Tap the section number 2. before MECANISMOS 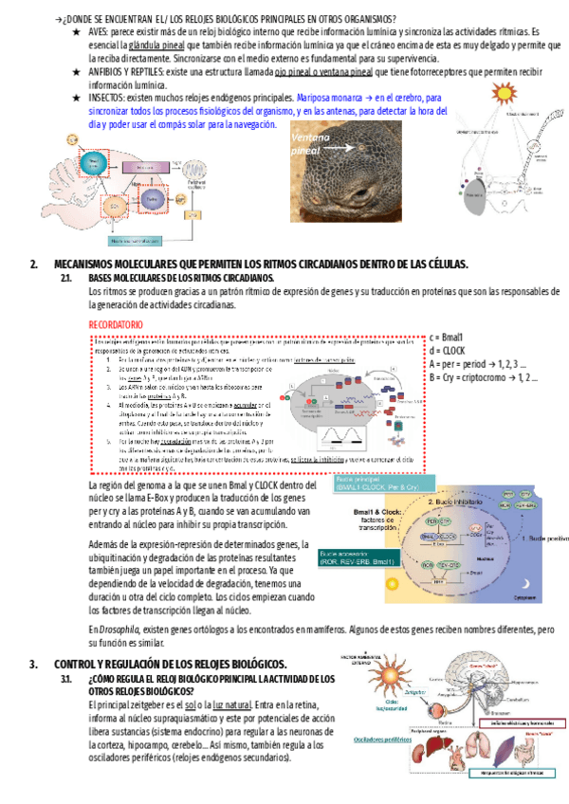click(x=34, y=264)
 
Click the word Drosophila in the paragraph click(x=120, y=629)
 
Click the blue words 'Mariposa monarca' click(x=332, y=98)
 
